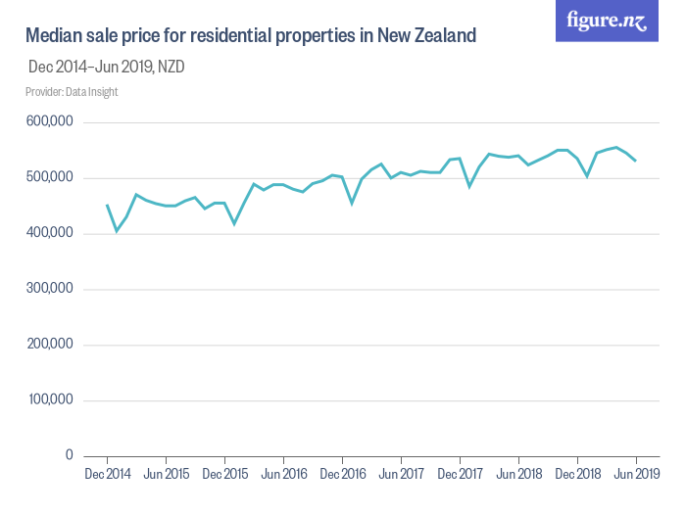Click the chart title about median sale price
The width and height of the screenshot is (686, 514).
(x=250, y=36)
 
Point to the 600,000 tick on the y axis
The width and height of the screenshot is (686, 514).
(x=49, y=122)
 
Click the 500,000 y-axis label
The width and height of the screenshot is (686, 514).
(x=49, y=178)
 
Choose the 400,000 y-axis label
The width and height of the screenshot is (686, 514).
(x=49, y=234)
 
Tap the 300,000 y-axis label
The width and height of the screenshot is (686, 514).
(x=49, y=290)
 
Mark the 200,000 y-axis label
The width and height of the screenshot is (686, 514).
(x=49, y=345)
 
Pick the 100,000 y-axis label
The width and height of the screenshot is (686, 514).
(x=49, y=400)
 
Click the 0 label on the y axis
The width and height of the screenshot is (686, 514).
(x=69, y=456)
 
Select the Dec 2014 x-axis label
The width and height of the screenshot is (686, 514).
(x=107, y=475)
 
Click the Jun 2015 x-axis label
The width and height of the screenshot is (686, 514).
(x=166, y=475)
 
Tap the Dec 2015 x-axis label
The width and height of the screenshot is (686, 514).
(x=224, y=475)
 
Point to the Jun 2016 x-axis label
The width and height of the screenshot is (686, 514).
(x=283, y=475)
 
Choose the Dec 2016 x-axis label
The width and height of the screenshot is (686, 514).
(x=342, y=475)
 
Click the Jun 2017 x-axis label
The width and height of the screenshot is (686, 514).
(x=401, y=475)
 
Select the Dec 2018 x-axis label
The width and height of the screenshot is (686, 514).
(x=577, y=475)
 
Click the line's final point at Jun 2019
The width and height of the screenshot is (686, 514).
(x=636, y=161)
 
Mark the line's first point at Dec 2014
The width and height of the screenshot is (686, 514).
(x=107, y=206)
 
